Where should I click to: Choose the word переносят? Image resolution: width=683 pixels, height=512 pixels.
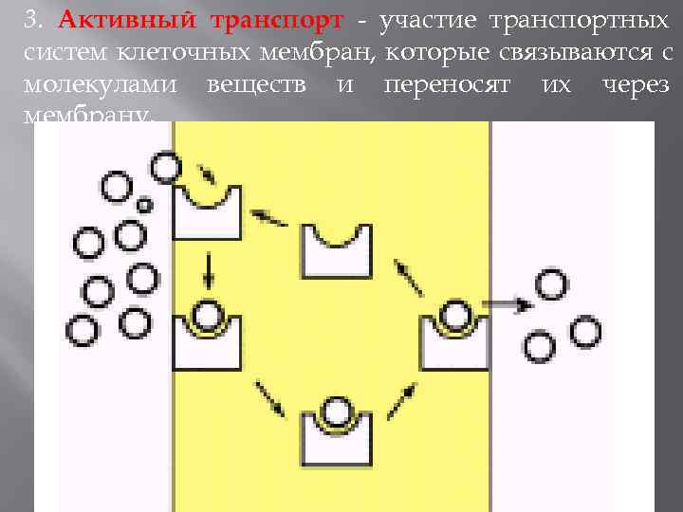446,84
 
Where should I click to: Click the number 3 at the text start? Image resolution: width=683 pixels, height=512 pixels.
30,20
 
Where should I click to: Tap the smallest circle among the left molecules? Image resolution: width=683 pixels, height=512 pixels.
145,204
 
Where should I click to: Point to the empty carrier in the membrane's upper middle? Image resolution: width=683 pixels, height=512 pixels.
337,251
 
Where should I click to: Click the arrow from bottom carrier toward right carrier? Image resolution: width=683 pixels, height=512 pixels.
405,397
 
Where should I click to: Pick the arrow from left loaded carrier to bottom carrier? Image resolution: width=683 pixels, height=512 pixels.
269,398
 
